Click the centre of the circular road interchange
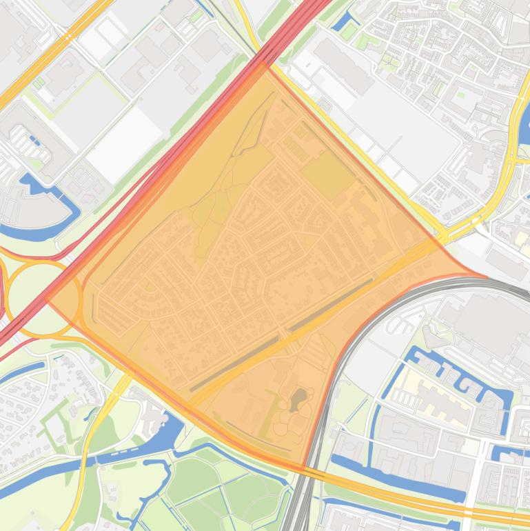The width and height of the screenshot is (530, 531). coord(43,298)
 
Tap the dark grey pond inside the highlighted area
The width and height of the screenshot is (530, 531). coord(300,399)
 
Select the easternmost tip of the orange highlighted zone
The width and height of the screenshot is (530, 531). coord(487,277)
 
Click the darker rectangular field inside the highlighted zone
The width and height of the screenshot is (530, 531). coord(328,175)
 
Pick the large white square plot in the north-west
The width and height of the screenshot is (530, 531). coord(124,145)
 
